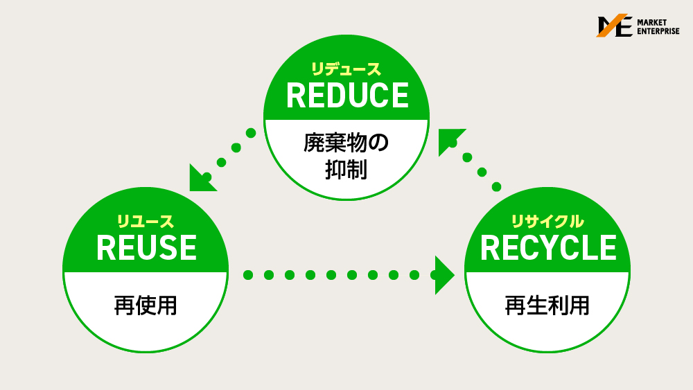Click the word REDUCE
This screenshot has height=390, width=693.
coord(347,96)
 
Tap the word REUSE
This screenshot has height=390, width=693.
coord(146,248)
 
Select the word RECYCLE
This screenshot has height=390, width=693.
coord(547,248)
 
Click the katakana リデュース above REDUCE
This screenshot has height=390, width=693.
coord(346,69)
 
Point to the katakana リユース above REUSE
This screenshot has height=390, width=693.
coord(146,222)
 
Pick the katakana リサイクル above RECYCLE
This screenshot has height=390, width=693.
coord(547,222)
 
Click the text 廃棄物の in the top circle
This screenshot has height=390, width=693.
coord(346,143)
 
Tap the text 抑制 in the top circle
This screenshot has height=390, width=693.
coord(346,170)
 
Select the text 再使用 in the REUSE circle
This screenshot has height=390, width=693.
coord(146,305)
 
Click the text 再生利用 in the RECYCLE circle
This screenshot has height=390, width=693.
coord(547,305)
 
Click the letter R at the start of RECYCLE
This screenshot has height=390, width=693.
coord(491,248)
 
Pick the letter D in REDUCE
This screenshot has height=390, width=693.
coord(335,96)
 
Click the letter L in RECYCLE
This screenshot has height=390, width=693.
coord(586,248)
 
